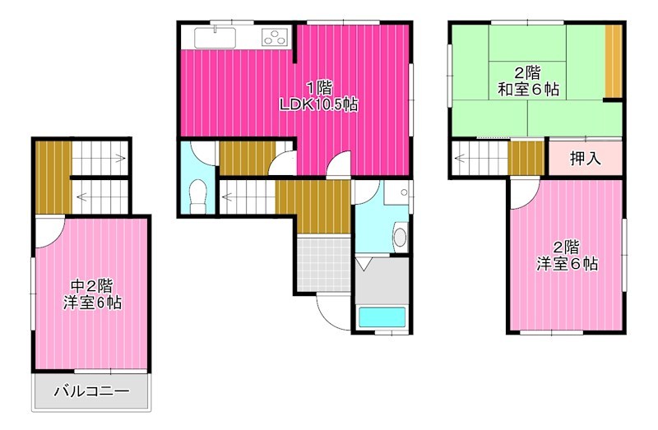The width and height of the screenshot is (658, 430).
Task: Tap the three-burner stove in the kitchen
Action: (275, 36)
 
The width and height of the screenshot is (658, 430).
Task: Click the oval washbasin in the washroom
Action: (401, 237)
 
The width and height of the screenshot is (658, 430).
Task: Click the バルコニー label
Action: (91, 391)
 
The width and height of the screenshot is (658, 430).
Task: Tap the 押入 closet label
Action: (585, 158)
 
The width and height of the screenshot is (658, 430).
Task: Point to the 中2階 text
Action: (91, 286)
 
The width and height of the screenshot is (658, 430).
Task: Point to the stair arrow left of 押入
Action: (461, 156)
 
